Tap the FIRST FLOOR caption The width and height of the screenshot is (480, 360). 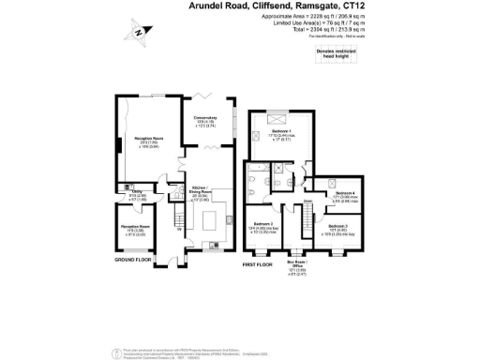[258, 264]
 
